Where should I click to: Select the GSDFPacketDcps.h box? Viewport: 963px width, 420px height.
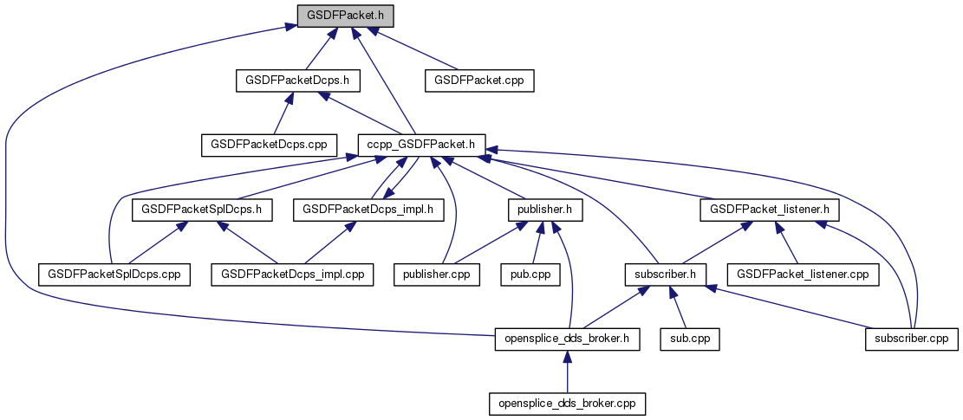pos(298,81)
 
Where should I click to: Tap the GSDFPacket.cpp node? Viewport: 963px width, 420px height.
pos(479,81)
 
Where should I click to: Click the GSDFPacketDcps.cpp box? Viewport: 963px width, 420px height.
pos(269,145)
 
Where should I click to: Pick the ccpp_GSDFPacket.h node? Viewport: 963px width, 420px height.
pos(421,145)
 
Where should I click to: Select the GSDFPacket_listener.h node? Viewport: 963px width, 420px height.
pos(769,209)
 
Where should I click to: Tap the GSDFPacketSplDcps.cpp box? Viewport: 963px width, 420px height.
pos(114,274)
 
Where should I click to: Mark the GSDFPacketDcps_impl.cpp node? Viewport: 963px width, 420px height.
pos(293,274)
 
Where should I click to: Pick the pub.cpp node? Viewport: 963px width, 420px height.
pos(530,274)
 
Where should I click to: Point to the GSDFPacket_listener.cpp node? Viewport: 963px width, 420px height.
pos(803,274)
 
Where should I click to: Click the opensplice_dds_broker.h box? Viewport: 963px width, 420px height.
pos(567,339)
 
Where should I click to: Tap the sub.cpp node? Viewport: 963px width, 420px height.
pos(690,339)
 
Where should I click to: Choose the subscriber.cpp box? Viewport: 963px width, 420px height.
pos(910,339)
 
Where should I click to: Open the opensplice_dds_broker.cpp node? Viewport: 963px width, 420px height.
pos(567,404)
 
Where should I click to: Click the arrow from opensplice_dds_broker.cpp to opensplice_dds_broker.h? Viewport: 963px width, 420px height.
pos(567,372)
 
